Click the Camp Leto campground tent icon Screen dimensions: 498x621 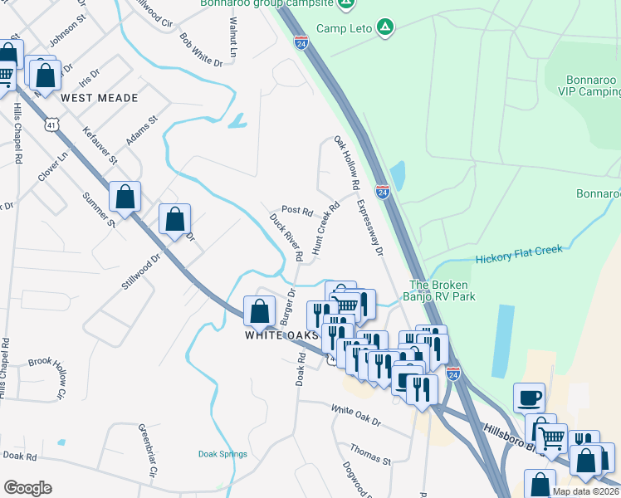tap(384, 27)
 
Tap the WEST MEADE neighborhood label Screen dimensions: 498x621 tap(99, 98)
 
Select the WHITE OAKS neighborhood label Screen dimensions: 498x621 tap(282, 335)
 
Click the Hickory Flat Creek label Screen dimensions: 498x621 tap(519, 255)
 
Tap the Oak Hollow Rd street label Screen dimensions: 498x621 tap(346, 161)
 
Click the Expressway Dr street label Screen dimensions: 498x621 tap(371, 227)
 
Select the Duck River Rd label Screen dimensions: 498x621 tap(286, 237)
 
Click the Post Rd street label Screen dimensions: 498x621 tap(296, 210)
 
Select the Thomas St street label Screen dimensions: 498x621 tap(370, 453)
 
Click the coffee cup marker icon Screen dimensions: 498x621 tap(529, 398)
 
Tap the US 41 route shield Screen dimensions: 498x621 tap(52, 124)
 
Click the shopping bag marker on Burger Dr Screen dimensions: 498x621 tap(260, 311)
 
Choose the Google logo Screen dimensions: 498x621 tap(27, 488)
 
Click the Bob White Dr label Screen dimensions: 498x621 tap(201, 50)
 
